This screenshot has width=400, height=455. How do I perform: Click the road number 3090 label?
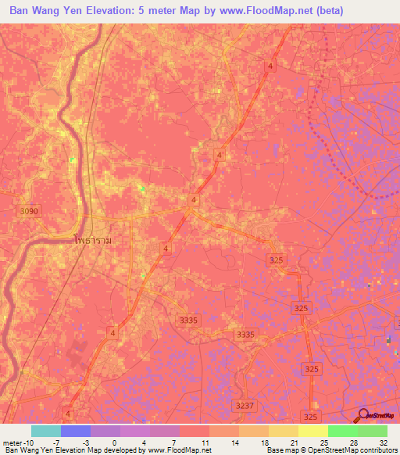(28, 212)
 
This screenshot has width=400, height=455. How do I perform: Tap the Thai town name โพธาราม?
(91, 241)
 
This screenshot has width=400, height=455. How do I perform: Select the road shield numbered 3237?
(245, 405)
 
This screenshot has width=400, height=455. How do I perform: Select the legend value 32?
(383, 442)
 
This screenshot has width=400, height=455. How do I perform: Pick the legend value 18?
(264, 442)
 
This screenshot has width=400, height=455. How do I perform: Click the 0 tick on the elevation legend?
(114, 442)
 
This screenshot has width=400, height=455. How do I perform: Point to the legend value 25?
(323, 442)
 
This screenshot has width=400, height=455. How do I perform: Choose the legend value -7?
(56, 442)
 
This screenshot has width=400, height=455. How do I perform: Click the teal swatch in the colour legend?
(45, 431)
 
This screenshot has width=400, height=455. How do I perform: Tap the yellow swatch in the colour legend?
(312, 431)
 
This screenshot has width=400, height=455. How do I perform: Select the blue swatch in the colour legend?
(75, 431)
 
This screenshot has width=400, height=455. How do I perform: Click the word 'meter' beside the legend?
(11, 442)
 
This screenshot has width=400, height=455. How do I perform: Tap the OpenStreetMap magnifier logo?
(365, 416)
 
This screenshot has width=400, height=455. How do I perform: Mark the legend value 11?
(205, 442)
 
